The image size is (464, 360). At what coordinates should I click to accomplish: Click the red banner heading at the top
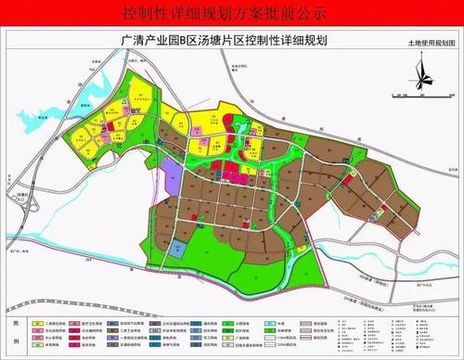click(x=232, y=14)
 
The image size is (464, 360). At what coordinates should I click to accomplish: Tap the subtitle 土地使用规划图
click(x=432, y=44)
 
